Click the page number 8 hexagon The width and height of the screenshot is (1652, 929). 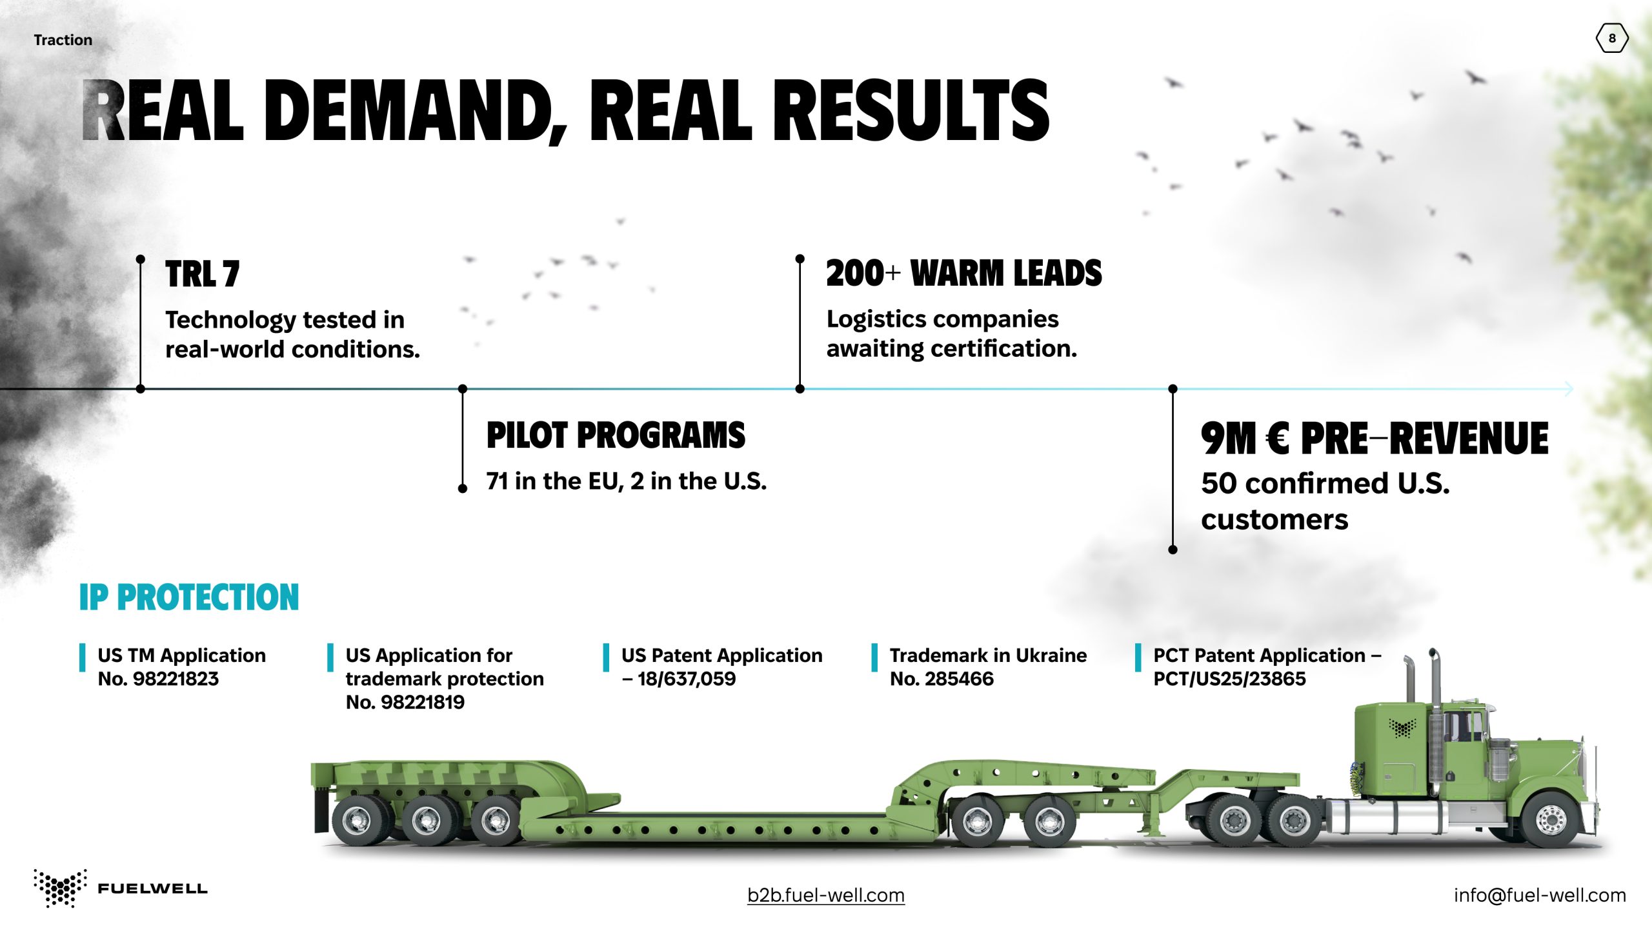click(1612, 38)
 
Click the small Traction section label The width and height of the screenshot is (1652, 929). click(63, 40)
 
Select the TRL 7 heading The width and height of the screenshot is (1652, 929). click(202, 274)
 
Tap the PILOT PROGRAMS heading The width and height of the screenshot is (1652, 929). click(616, 435)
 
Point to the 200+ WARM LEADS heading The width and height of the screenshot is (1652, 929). click(964, 273)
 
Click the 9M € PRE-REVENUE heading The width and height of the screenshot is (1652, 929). click(1375, 438)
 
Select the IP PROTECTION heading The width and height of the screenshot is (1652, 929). click(189, 597)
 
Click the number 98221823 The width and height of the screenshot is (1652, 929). click(176, 679)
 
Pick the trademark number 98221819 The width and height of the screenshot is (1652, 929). click(423, 702)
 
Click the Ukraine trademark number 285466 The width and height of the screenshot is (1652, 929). click(959, 679)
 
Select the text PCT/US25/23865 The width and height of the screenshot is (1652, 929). click(1229, 679)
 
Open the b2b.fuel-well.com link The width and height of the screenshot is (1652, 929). click(826, 895)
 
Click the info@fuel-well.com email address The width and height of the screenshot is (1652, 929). click(1540, 895)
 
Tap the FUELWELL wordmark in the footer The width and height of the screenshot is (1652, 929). click(152, 889)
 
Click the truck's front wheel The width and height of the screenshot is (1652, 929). click(1550, 819)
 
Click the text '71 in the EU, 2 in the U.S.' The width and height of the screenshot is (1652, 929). click(627, 481)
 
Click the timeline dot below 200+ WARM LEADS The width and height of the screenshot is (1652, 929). click(800, 389)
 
